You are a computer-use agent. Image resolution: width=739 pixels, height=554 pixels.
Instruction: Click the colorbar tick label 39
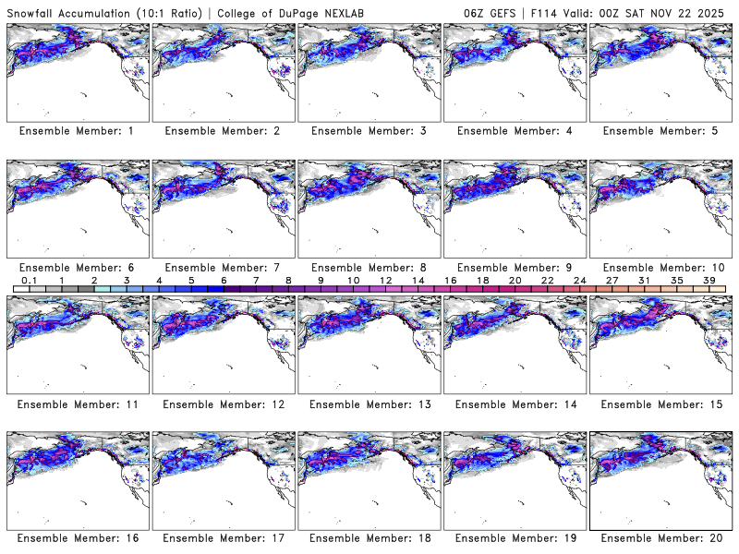(x=709, y=280)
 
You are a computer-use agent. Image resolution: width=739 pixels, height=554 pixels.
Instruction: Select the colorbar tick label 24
(x=580, y=280)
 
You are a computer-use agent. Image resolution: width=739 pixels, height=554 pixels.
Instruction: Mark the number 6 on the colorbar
(x=224, y=280)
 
